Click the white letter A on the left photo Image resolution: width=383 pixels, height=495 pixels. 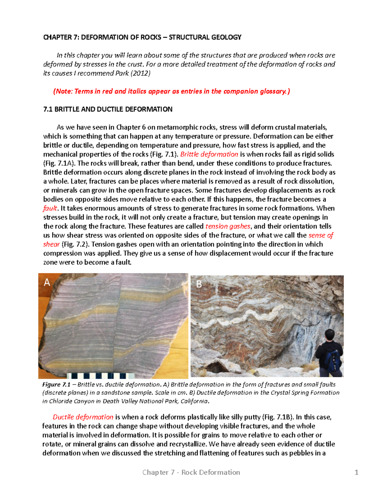(47, 282)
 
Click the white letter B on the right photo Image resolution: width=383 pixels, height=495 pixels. (199, 284)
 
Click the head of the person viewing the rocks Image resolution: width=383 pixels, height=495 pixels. (330, 335)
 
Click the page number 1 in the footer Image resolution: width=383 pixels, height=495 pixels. (357, 472)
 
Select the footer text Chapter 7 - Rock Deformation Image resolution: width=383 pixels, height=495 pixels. (191, 472)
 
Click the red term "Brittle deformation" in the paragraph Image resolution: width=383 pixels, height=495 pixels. (209, 154)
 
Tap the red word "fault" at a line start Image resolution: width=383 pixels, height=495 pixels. (50, 208)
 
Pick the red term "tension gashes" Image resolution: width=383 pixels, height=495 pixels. (228, 226)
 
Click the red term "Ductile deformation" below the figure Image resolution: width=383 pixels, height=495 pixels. (83, 417)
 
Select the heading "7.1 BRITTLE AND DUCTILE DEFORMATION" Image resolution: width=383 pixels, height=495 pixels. (108, 109)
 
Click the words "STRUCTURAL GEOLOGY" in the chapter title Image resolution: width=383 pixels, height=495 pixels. (205, 37)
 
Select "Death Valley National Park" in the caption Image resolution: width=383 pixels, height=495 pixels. (140, 401)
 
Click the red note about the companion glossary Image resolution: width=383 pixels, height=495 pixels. (171, 91)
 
